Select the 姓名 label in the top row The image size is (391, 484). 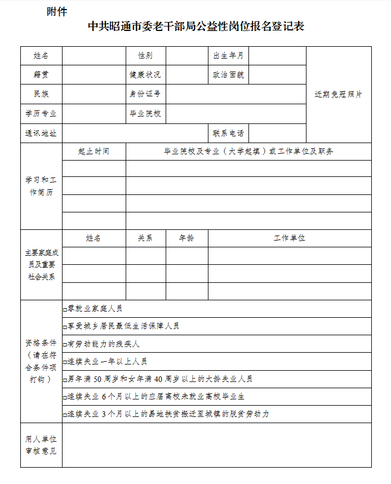pyautogui.click(x=41, y=56)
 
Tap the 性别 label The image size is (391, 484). pyautogui.click(x=145, y=56)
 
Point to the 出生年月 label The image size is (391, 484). pyautogui.click(x=228, y=56)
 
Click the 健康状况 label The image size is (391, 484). pyautogui.click(x=145, y=75)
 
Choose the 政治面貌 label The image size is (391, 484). pyautogui.click(x=228, y=75)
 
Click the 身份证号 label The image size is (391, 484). pyautogui.click(x=145, y=94)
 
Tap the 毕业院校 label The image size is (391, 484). pyautogui.click(x=145, y=113)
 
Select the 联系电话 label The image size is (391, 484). pyautogui.click(x=228, y=134)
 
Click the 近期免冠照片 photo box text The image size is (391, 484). pyautogui.click(x=338, y=95)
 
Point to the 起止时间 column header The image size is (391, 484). pyautogui.click(x=94, y=152)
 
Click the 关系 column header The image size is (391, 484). pyautogui.click(x=145, y=238)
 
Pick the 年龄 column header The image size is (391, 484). pyautogui.click(x=186, y=238)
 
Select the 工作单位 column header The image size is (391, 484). pyautogui.click(x=289, y=238)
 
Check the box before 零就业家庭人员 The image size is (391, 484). pyautogui.click(x=65, y=309)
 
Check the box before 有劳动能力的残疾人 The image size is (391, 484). pyautogui.click(x=65, y=344)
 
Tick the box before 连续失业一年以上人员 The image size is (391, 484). pyautogui.click(x=65, y=362)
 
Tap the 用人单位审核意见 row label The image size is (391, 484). pyautogui.click(x=41, y=445)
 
